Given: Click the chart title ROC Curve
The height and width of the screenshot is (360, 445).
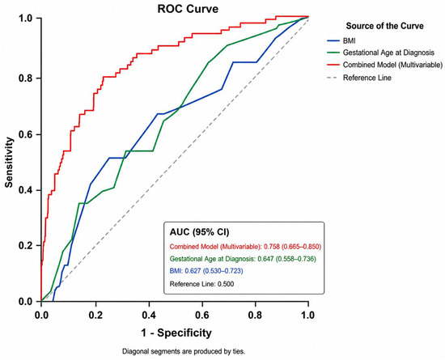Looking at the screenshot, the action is click(x=188, y=9).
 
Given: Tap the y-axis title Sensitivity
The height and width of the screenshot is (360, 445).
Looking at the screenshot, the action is click(x=9, y=163).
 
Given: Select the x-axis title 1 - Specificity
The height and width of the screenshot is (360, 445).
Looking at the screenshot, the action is click(x=176, y=332).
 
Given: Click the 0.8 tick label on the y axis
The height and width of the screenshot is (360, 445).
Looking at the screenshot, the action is click(x=26, y=78).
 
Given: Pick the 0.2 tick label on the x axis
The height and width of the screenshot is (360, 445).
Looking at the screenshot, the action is click(x=96, y=315).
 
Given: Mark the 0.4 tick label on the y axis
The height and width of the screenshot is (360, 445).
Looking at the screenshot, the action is click(x=26, y=190).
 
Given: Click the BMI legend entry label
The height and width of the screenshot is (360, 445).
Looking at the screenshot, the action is click(x=349, y=40).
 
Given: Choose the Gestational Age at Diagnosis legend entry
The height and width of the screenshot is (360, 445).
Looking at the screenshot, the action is click(x=388, y=53).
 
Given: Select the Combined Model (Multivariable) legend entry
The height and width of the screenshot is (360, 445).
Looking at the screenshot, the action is click(x=392, y=65).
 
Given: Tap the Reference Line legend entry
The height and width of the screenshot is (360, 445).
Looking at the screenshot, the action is click(x=367, y=78).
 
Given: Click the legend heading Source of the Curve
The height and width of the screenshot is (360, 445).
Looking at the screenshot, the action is click(x=384, y=26).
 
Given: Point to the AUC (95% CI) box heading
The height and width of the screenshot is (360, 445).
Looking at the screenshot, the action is click(x=199, y=232).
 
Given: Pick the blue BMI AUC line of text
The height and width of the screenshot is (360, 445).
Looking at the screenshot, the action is click(x=206, y=271).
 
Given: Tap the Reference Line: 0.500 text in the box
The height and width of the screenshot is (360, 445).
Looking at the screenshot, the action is click(x=201, y=284).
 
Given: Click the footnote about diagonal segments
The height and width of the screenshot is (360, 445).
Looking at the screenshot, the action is click(x=184, y=351).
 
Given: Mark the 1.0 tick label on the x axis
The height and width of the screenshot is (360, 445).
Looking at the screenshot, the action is click(x=308, y=315).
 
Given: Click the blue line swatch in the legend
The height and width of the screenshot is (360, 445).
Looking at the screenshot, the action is click(x=333, y=40).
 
